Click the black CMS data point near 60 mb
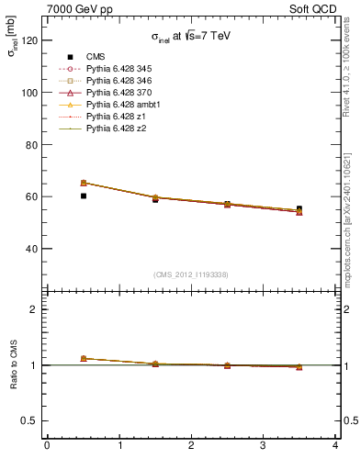(x=84, y=196)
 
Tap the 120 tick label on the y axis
(x=28, y=40)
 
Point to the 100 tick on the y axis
(x=28, y=93)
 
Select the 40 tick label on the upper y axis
(x=31, y=249)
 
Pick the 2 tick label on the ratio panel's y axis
(x=34, y=309)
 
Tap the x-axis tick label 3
(x=264, y=446)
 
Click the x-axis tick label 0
(x=47, y=446)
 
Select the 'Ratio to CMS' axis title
(x=13, y=364)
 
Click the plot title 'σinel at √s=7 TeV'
(x=193, y=38)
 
